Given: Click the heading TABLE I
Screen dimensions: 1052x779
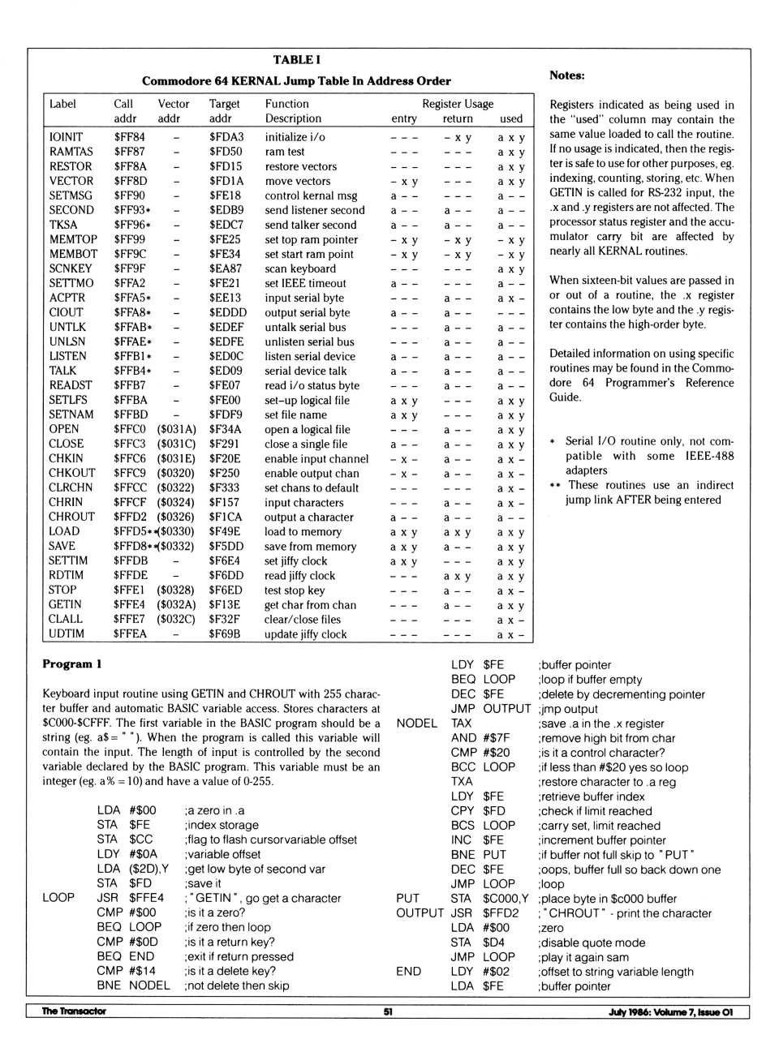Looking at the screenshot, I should tap(296, 60).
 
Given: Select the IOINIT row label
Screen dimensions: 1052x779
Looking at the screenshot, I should tap(66, 137).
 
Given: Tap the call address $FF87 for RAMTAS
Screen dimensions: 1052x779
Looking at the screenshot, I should tap(129, 152).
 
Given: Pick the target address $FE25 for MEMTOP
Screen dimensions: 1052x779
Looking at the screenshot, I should tap(225, 239).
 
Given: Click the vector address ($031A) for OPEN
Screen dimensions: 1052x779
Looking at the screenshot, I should tap(176, 429).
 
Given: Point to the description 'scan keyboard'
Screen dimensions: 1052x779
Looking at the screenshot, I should tap(299, 268).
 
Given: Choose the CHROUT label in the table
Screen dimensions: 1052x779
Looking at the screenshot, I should tap(71, 517).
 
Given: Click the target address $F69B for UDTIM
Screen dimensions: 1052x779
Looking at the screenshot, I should tap(224, 633).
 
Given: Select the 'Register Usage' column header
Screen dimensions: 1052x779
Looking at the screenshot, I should tap(458, 104).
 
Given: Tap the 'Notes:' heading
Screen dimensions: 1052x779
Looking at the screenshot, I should tap(566, 75).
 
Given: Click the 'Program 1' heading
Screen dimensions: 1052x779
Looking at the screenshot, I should tap(72, 663).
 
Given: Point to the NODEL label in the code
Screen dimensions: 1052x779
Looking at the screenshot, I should tap(416, 723).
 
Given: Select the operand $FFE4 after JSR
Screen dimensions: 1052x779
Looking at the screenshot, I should tap(146, 898).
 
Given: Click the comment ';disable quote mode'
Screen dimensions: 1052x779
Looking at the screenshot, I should tap(592, 943).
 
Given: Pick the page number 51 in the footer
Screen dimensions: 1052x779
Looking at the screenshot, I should tap(388, 1011).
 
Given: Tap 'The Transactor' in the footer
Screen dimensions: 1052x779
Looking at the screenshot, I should tap(74, 1011).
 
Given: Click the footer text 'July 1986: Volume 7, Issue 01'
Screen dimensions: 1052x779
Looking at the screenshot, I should tap(670, 1011).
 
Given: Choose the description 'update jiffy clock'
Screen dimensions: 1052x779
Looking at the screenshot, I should tap(305, 634).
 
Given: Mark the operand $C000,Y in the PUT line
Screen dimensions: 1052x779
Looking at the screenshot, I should tap(506, 899).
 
